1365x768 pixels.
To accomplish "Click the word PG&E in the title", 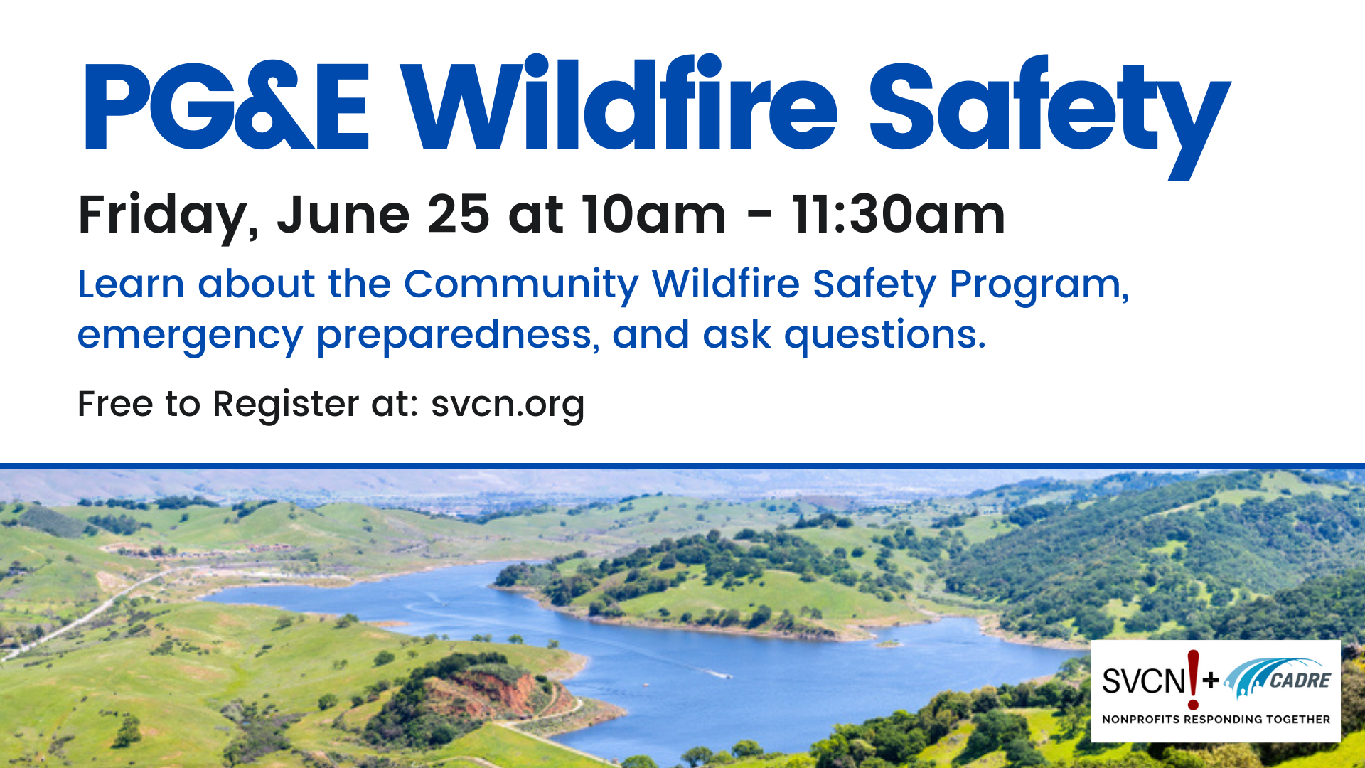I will [x=226, y=107].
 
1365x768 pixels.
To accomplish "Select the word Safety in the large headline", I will [x=1049, y=107].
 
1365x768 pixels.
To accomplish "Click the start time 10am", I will [x=653, y=214].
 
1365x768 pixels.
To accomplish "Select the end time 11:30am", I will [x=898, y=214].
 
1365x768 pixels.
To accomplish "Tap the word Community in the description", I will [x=521, y=284].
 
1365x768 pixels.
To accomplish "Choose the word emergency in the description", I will [x=190, y=335].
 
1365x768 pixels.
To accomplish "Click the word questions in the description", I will [x=884, y=335].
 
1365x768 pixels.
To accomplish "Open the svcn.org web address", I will [x=508, y=405].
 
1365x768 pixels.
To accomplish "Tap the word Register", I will [x=285, y=405].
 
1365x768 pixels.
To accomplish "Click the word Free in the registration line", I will [x=115, y=404].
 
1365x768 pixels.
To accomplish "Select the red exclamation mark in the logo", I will [x=1193, y=679].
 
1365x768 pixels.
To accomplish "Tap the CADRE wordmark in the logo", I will [x=1300, y=681].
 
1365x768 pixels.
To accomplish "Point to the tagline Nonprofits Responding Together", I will [x=1216, y=720].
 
